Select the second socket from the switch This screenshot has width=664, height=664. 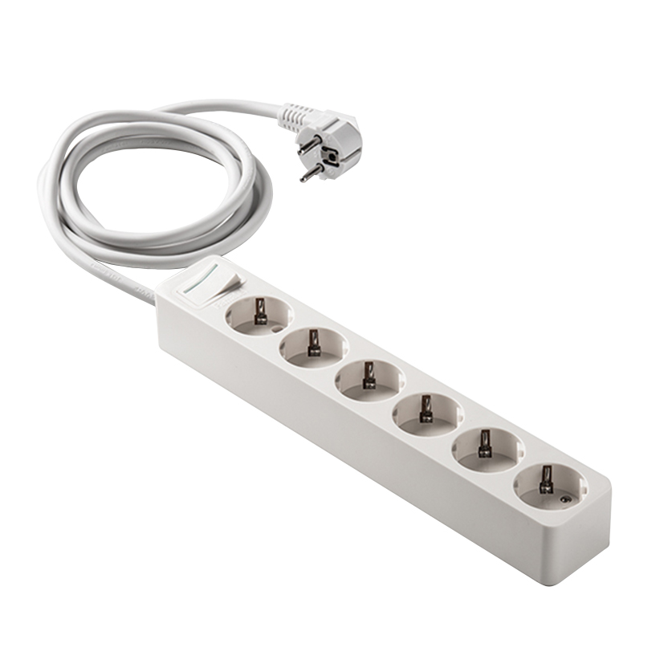pos(314,346)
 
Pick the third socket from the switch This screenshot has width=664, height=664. pos(369,379)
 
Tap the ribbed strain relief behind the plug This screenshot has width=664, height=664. pos(295,115)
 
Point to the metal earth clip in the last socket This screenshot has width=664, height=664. pos(547,479)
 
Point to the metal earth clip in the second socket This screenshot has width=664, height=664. pos(314,341)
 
